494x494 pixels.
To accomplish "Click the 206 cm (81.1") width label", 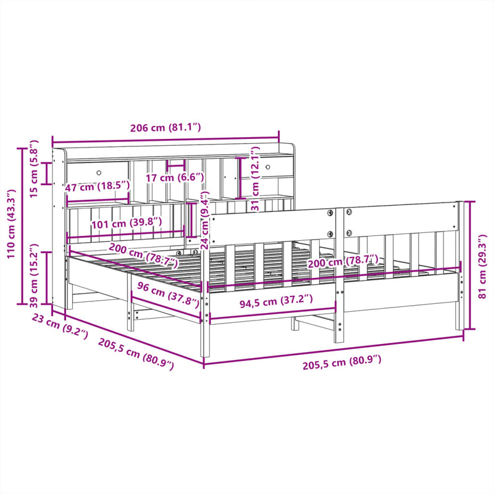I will coord(165,128).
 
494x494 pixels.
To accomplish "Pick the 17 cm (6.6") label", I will coord(175,178).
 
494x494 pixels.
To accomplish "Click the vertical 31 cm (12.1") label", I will coord(254,179).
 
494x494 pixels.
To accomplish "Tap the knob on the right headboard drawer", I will coord(268,166).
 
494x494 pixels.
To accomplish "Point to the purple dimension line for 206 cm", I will coord(165,139).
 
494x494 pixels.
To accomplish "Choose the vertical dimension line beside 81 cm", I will coord(471,266).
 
